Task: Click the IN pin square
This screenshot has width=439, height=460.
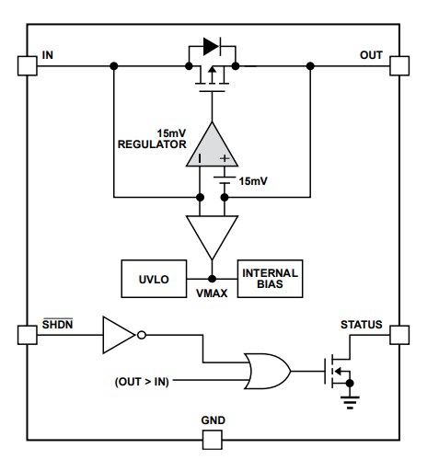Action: coord(26,65)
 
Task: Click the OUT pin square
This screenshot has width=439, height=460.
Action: coord(398,65)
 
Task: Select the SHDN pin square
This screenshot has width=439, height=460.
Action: coord(26,334)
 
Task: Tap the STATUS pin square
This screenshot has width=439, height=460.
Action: coord(398,334)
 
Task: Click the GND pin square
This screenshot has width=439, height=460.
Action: coord(213,439)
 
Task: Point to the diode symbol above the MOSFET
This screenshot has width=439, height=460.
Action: coord(211,44)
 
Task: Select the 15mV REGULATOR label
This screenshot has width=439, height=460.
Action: coord(153,139)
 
